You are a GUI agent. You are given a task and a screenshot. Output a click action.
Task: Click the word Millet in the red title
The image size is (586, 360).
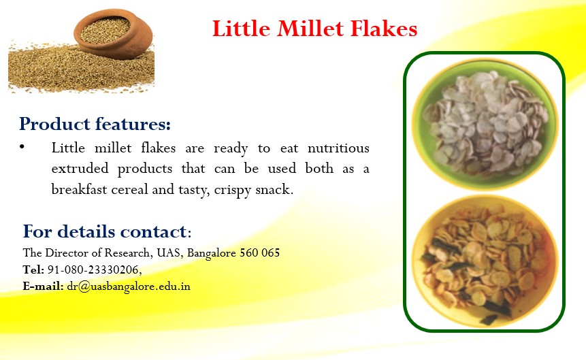310,29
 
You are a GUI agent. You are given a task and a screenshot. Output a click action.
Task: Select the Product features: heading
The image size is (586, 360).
95,124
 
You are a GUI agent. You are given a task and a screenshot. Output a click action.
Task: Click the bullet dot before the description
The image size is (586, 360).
22,147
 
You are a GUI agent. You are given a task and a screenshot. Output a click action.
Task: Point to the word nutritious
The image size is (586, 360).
338,148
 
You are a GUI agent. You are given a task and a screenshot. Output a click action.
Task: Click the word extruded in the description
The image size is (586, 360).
80,168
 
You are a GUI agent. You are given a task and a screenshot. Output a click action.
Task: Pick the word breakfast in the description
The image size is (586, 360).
79,189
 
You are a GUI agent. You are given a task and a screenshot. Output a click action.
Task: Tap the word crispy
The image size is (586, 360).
233,191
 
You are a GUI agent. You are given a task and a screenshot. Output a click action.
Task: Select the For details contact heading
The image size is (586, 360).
107,231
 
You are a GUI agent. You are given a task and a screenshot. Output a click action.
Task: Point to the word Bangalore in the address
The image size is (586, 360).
212,253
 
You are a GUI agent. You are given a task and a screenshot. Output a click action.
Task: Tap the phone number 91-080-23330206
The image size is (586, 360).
93,269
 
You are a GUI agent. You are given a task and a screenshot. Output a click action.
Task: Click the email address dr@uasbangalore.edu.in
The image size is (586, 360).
129,287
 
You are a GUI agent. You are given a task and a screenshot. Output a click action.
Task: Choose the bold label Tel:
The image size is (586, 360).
33,269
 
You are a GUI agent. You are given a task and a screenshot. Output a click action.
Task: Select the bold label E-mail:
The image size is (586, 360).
43,287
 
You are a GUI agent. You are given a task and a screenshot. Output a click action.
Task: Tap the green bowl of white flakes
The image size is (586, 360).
485,123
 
